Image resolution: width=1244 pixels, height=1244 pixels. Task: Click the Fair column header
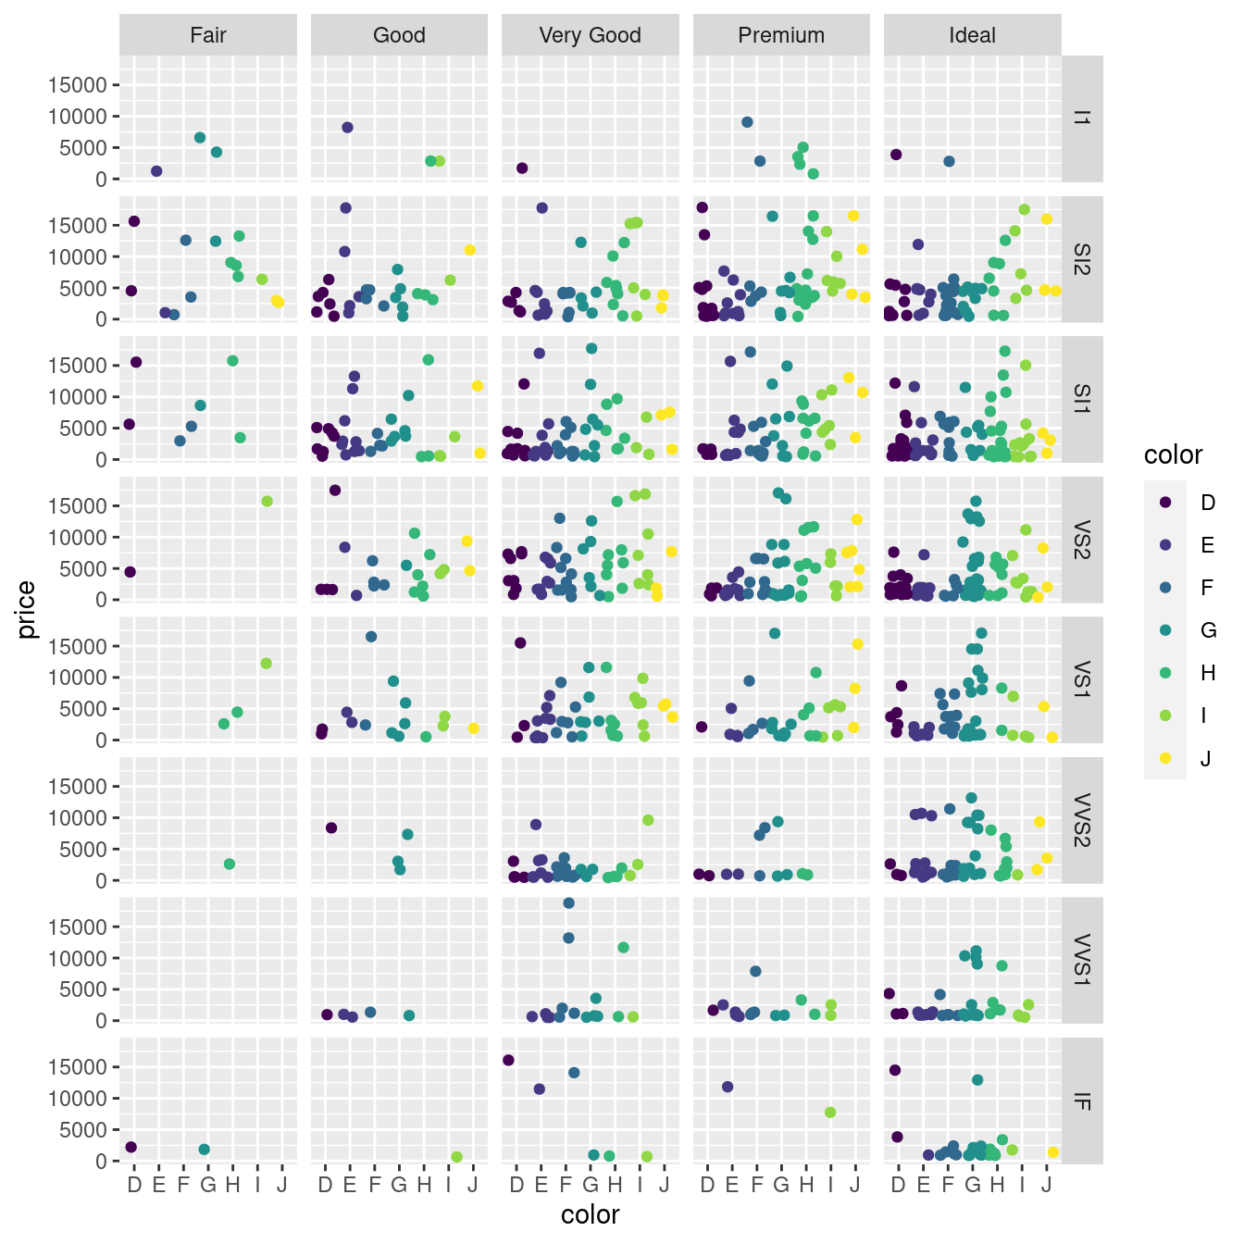tap(207, 35)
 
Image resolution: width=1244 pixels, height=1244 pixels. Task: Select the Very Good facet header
tap(590, 35)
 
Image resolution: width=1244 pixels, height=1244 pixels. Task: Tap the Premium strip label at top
tap(780, 35)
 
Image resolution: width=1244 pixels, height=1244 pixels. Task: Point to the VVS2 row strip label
tap(1082, 820)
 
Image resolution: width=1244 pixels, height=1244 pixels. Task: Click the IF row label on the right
tap(1082, 1101)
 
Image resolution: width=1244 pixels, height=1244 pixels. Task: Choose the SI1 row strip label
tap(1082, 399)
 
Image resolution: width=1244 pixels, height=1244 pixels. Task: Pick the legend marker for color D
tap(1165, 502)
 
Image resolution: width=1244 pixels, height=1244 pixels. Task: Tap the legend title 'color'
tap(1173, 454)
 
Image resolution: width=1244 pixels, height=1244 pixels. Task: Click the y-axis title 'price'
tap(26, 610)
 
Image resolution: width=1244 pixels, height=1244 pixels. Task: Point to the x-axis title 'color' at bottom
tap(590, 1214)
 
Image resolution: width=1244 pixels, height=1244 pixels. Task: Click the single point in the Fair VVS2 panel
tap(230, 865)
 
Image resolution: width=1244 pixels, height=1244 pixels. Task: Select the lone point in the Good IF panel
tap(456, 1157)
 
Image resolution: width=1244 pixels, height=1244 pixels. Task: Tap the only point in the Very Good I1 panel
tap(522, 168)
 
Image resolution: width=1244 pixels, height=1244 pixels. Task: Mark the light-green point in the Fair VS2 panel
tap(267, 502)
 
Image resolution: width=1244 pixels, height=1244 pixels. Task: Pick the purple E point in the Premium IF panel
tap(728, 1087)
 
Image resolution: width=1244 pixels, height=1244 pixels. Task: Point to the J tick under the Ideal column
tap(1046, 1185)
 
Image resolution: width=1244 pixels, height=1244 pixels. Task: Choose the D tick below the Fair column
tap(134, 1185)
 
